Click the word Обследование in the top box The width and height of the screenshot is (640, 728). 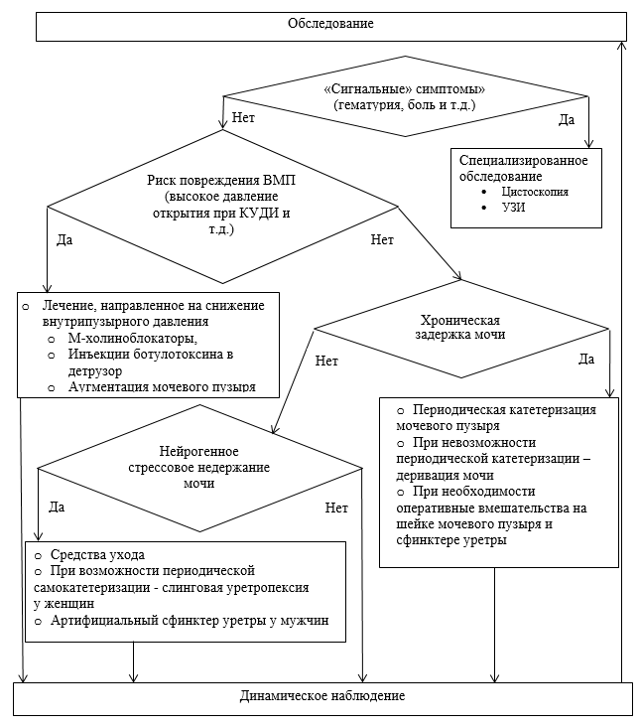click(x=331, y=24)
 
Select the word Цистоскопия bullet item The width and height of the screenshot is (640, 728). click(x=535, y=191)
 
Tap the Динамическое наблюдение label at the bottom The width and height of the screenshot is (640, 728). click(x=322, y=696)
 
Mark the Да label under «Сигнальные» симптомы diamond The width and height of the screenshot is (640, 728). click(x=567, y=119)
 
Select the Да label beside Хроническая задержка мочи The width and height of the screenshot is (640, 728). click(x=585, y=358)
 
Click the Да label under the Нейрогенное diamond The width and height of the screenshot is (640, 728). click(x=57, y=507)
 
